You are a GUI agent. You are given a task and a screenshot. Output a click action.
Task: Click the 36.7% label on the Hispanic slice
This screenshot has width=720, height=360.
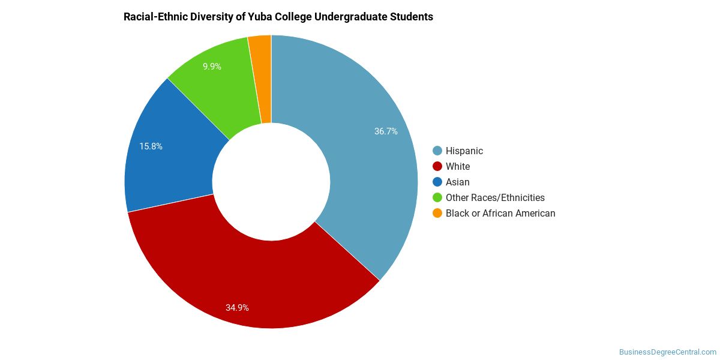click(386, 131)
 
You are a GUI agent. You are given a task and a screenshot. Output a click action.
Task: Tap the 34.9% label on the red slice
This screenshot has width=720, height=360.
click(237, 308)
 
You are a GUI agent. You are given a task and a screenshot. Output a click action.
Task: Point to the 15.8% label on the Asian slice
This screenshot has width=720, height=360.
click(151, 146)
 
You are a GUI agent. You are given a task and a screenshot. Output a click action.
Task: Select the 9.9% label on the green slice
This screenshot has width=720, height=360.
click(212, 67)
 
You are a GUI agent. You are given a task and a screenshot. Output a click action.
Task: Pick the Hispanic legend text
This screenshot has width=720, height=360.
click(464, 151)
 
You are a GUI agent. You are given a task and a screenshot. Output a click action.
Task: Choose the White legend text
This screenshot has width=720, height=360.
click(458, 167)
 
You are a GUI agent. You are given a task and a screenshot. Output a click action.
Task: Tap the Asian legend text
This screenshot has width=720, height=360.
click(457, 182)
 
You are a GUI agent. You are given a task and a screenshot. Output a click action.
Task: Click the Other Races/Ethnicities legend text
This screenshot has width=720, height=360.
click(495, 197)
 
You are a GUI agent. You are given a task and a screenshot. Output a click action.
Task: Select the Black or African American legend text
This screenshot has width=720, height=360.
click(500, 213)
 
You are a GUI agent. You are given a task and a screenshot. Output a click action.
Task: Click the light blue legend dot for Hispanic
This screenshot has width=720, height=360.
click(437, 151)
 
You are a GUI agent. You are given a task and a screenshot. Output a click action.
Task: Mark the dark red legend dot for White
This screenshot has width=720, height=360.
click(437, 167)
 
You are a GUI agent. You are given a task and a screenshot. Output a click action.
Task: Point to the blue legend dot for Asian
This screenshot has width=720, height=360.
click(437, 182)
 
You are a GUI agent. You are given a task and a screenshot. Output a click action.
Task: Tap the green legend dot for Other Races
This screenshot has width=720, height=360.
click(437, 197)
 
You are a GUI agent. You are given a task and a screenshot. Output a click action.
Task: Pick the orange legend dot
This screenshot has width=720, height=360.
click(437, 213)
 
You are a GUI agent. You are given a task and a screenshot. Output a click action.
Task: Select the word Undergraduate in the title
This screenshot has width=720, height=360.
click(350, 17)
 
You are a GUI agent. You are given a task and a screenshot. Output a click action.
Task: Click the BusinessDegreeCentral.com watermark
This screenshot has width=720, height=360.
click(668, 352)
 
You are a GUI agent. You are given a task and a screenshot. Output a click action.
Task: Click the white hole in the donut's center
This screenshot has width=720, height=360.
click(271, 182)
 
